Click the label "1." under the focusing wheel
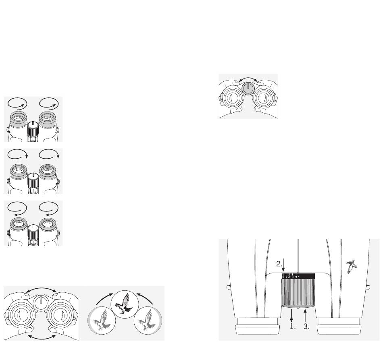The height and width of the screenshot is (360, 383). pyautogui.click(x=293, y=327)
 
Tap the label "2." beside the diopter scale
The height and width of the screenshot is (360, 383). pyautogui.click(x=279, y=264)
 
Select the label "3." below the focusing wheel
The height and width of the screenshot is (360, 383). pyautogui.click(x=306, y=327)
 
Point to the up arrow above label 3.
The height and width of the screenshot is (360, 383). pyautogui.click(x=305, y=316)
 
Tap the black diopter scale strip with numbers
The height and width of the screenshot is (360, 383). pyautogui.click(x=298, y=276)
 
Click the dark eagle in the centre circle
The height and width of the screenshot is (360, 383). pyautogui.click(x=122, y=303)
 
